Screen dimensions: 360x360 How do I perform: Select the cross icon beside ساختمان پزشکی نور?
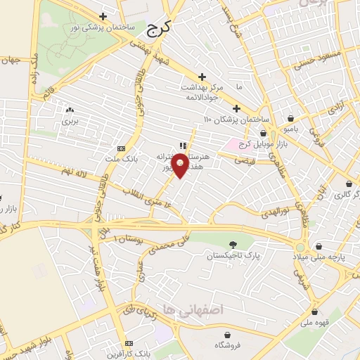[x=103, y=16]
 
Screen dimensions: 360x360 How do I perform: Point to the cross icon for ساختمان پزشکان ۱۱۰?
[x=236, y=109]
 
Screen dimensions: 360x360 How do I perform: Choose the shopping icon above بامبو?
[x=291, y=118]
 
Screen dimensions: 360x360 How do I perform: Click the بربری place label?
[x=69, y=121]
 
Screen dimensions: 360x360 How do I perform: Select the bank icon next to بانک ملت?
[x=120, y=148]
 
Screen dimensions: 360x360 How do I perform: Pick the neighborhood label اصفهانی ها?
[x=202, y=309]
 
